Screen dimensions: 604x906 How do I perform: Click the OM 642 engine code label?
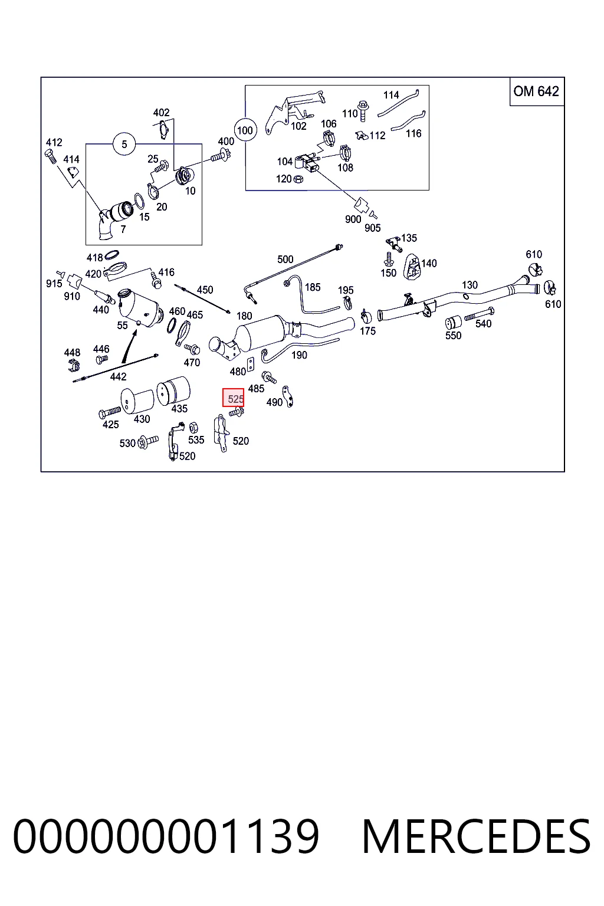(x=536, y=91)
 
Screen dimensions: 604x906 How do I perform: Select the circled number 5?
(x=124, y=145)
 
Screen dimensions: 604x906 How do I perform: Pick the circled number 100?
(x=245, y=130)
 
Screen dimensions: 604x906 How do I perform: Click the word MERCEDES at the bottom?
(x=476, y=836)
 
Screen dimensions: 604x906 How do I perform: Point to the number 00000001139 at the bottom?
(x=166, y=836)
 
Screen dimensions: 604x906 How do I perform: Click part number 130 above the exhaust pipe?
(x=470, y=285)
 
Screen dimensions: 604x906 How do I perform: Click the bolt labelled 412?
(x=50, y=156)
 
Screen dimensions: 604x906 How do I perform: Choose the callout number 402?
(x=161, y=113)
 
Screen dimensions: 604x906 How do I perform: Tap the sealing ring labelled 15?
(x=139, y=201)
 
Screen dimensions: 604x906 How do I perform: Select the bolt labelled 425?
(x=110, y=412)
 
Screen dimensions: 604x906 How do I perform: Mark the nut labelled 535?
(x=193, y=427)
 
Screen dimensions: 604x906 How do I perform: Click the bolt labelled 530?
(x=147, y=441)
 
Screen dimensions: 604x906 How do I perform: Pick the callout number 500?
(x=285, y=260)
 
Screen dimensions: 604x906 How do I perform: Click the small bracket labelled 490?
(x=288, y=396)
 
